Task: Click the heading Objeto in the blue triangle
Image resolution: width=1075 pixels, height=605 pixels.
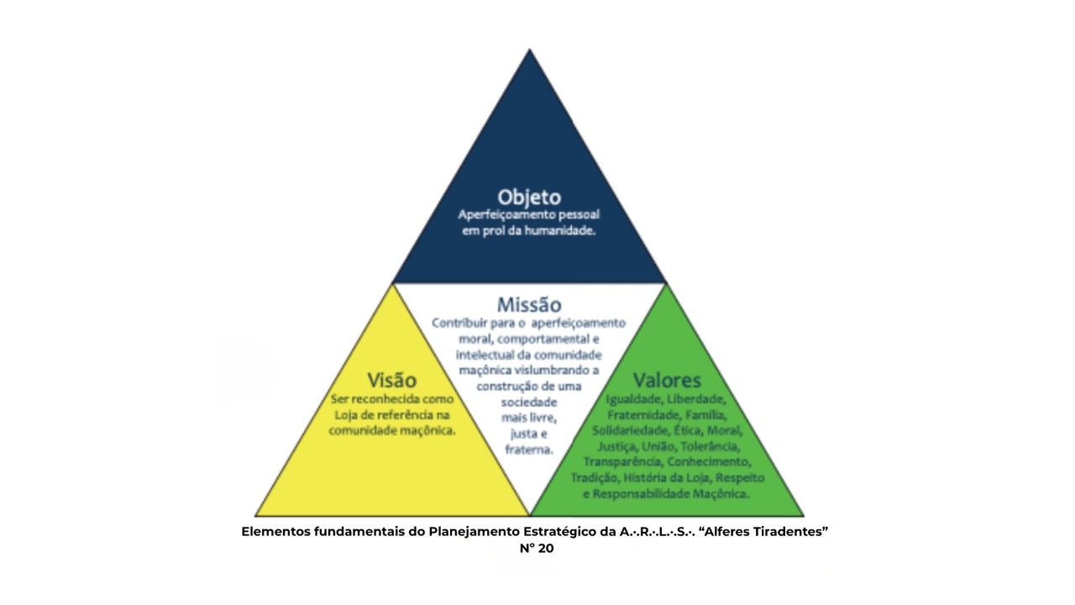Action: click(x=529, y=197)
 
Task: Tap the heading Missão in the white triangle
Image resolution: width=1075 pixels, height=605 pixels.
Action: click(x=529, y=304)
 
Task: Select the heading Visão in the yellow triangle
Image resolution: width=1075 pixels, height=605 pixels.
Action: click(x=391, y=380)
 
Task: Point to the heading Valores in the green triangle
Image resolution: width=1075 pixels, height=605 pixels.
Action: click(x=667, y=380)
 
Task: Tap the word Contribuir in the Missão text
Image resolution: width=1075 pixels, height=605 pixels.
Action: click(x=459, y=323)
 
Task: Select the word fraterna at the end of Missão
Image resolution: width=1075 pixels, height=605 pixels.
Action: click(x=529, y=450)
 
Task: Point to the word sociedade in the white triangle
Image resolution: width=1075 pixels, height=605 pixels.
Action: click(x=529, y=402)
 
